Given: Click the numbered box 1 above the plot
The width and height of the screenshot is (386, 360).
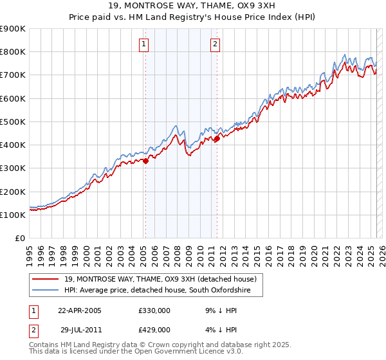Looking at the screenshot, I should click(x=143, y=44).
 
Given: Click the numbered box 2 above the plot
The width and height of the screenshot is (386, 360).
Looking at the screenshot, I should click(x=215, y=44).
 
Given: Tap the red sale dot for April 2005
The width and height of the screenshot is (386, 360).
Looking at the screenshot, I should click(x=145, y=161).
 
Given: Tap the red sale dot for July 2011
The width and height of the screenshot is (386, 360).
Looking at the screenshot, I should click(x=217, y=138).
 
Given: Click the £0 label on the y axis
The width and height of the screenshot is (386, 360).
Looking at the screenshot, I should click(x=19, y=238).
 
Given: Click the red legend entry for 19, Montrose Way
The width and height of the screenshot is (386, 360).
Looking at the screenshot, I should click(x=160, y=279).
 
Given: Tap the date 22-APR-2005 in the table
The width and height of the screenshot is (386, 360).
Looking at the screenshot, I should click(x=80, y=310).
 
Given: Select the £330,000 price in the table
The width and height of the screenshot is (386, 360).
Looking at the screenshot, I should click(x=154, y=310).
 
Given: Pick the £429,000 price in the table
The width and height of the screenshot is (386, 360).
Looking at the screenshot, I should click(x=154, y=329).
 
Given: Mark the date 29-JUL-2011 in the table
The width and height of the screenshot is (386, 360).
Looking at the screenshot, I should click(x=80, y=329).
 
